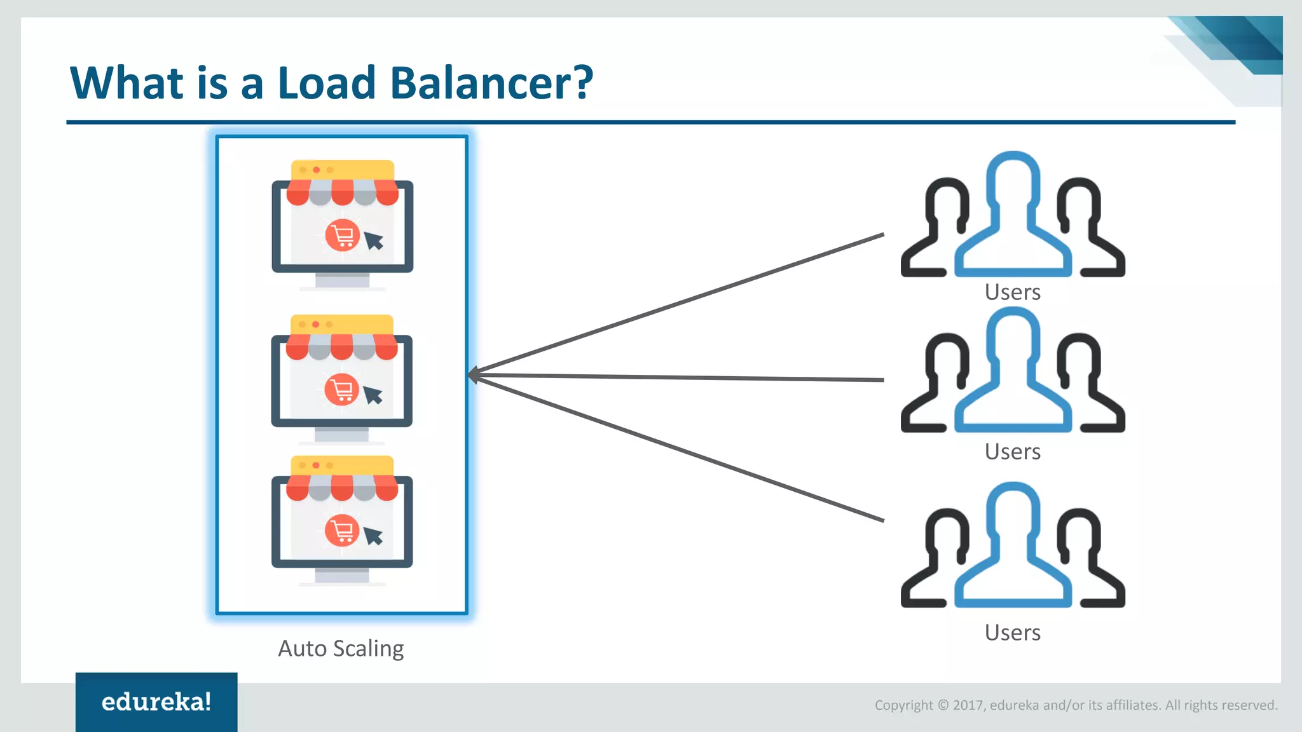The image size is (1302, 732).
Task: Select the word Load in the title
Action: point(327,83)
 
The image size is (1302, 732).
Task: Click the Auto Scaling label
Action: point(341,649)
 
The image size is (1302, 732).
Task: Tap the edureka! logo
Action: point(156,702)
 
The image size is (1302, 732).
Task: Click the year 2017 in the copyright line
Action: point(968,705)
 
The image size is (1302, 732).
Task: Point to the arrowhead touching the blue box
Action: point(474,375)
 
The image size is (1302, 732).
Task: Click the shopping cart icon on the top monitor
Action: point(343,236)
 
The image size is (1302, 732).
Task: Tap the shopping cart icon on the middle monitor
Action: point(342,390)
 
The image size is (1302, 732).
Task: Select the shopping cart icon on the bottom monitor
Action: point(342,531)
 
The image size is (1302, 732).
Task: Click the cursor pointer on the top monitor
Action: point(374,240)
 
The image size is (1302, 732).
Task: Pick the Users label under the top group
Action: point(1012,292)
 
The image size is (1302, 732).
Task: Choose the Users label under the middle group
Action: point(1012,452)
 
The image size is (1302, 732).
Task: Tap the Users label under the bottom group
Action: point(1012,633)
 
